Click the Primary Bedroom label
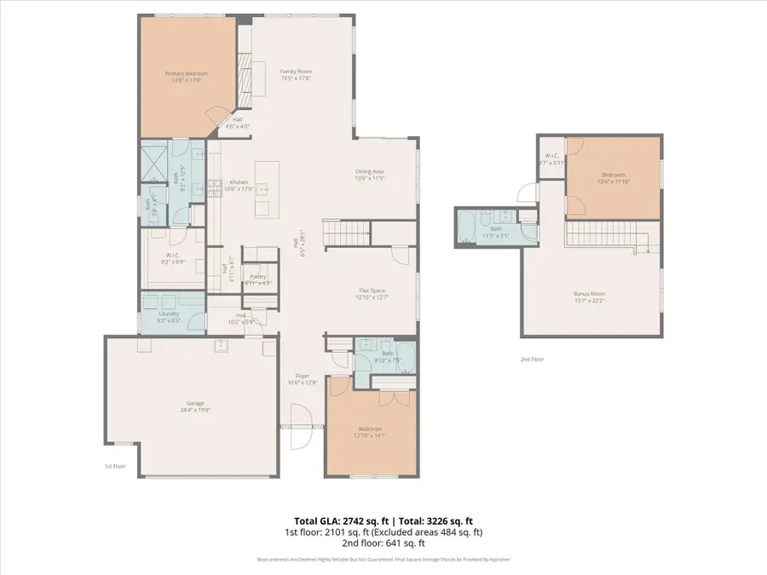[x=186, y=74]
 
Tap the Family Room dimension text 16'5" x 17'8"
[x=297, y=78]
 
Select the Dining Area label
[x=371, y=173]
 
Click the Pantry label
[x=258, y=276]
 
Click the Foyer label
[x=303, y=376]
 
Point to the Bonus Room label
[x=589, y=294]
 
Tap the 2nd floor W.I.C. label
[x=551, y=156]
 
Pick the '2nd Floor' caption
[x=532, y=359]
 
